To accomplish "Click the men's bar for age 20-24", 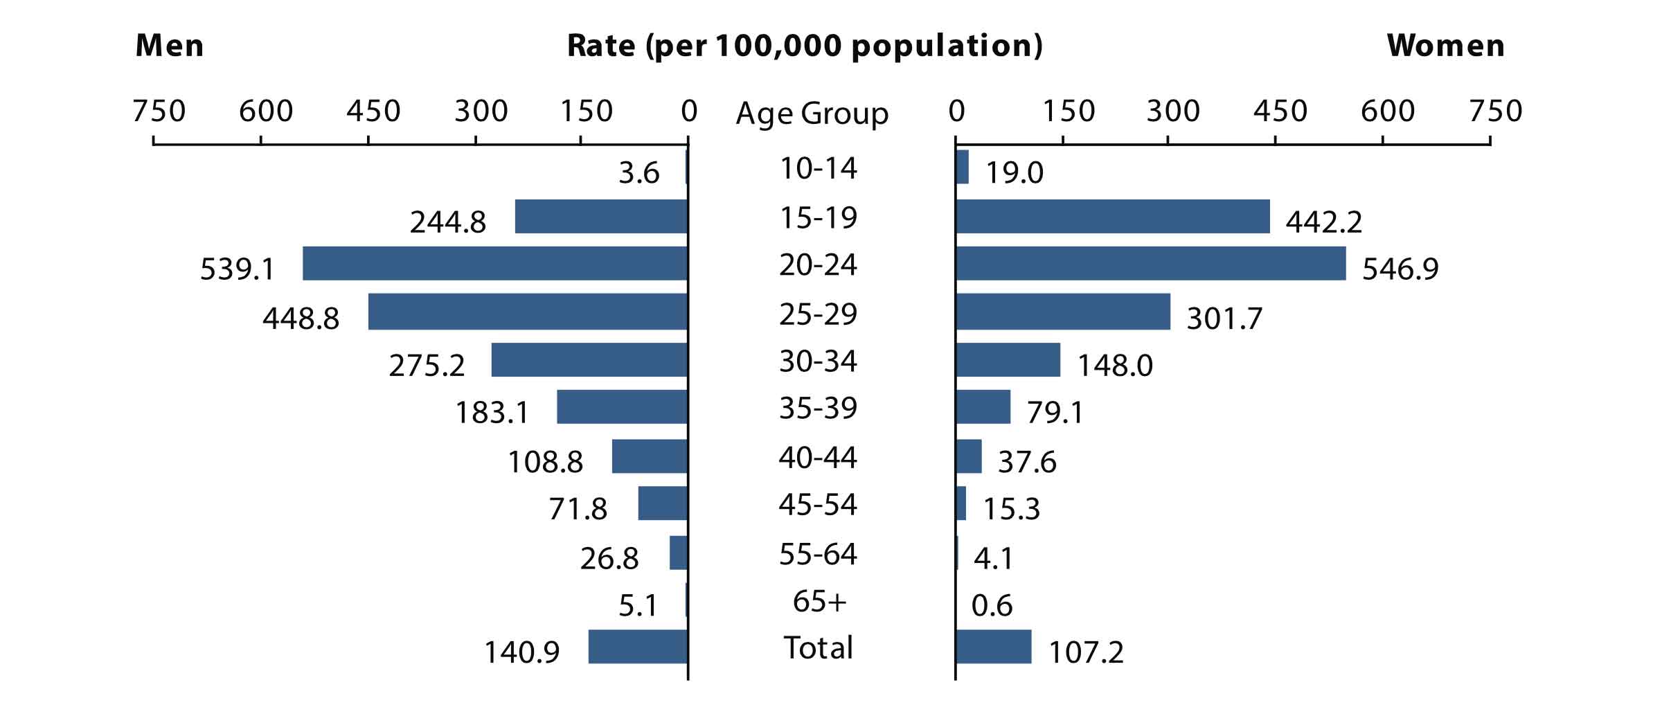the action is click(495, 263).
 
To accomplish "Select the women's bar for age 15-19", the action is click(1113, 217).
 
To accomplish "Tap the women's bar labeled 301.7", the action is click(1063, 312).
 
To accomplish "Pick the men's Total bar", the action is click(638, 647).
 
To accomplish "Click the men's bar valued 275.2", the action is click(589, 360).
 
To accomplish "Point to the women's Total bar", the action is click(994, 647).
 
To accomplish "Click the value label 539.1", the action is click(238, 269).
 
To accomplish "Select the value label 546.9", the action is click(1400, 269).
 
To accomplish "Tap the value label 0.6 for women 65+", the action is click(992, 606).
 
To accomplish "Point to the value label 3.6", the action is click(638, 172).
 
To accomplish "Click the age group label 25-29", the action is click(818, 314).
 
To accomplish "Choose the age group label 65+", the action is click(819, 601).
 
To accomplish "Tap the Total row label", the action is click(818, 647).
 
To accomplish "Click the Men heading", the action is click(170, 46).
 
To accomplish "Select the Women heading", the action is click(1446, 46).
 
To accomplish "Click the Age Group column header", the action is click(812, 113).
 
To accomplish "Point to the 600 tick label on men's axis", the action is click(266, 111).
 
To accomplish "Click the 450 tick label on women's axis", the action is click(1280, 111).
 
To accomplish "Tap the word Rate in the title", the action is click(601, 46).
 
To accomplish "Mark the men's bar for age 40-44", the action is click(650, 456).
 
